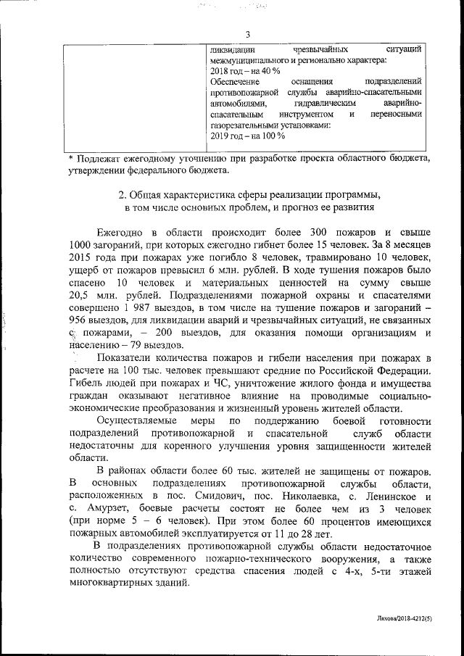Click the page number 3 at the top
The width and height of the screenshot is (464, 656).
pyautogui.click(x=247, y=34)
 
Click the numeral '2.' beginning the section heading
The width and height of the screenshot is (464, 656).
pyautogui.click(x=122, y=196)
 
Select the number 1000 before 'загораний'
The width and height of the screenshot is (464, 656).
pyautogui.click(x=81, y=244)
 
